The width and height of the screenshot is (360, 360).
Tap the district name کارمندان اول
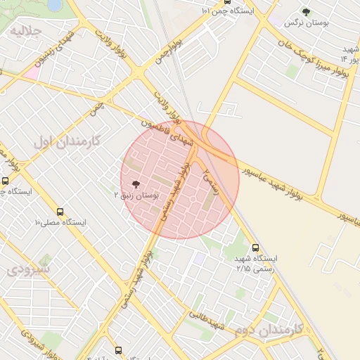point(67,141)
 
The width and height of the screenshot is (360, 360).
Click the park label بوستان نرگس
point(307,23)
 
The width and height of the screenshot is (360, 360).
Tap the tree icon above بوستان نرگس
point(307,11)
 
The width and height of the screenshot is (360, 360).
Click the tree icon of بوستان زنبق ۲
point(136,184)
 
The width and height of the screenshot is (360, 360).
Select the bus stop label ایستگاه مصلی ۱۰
point(60,222)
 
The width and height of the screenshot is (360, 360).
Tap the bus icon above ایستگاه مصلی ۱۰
point(59,211)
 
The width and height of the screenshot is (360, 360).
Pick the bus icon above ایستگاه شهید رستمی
point(255,247)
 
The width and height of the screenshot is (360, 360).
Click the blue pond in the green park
point(54,6)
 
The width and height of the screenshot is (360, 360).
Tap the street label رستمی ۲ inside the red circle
point(210,181)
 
